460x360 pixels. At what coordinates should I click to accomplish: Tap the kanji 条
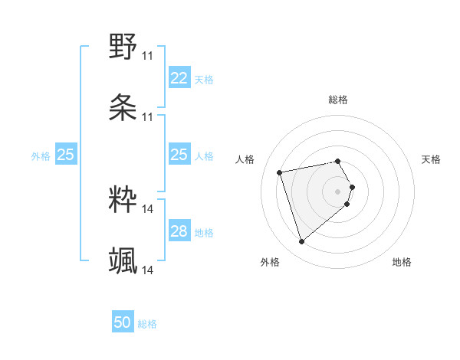(123, 107)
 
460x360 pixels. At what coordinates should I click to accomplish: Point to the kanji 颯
(123, 260)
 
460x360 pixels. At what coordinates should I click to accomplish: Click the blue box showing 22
(179, 78)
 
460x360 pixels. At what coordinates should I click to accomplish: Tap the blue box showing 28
(179, 232)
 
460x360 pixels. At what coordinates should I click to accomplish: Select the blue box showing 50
(123, 322)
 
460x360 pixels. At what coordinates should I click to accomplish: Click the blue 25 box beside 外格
(65, 155)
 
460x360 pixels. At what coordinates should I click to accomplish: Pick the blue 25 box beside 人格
(179, 155)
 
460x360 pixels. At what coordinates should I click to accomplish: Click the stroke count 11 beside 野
(147, 55)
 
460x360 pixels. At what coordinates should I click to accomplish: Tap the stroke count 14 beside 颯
(147, 270)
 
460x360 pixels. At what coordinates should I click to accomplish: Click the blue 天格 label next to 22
(204, 79)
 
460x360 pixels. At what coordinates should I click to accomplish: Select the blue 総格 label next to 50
(147, 324)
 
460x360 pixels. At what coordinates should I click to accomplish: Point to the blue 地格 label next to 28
(204, 233)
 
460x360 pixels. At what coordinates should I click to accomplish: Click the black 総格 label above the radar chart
(338, 100)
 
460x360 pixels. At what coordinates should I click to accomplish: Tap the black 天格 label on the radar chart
(431, 159)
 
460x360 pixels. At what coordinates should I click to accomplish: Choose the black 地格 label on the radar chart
(402, 262)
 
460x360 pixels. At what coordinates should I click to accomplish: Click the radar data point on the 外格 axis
(302, 241)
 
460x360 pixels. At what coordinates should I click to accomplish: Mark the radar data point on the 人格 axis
(280, 172)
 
